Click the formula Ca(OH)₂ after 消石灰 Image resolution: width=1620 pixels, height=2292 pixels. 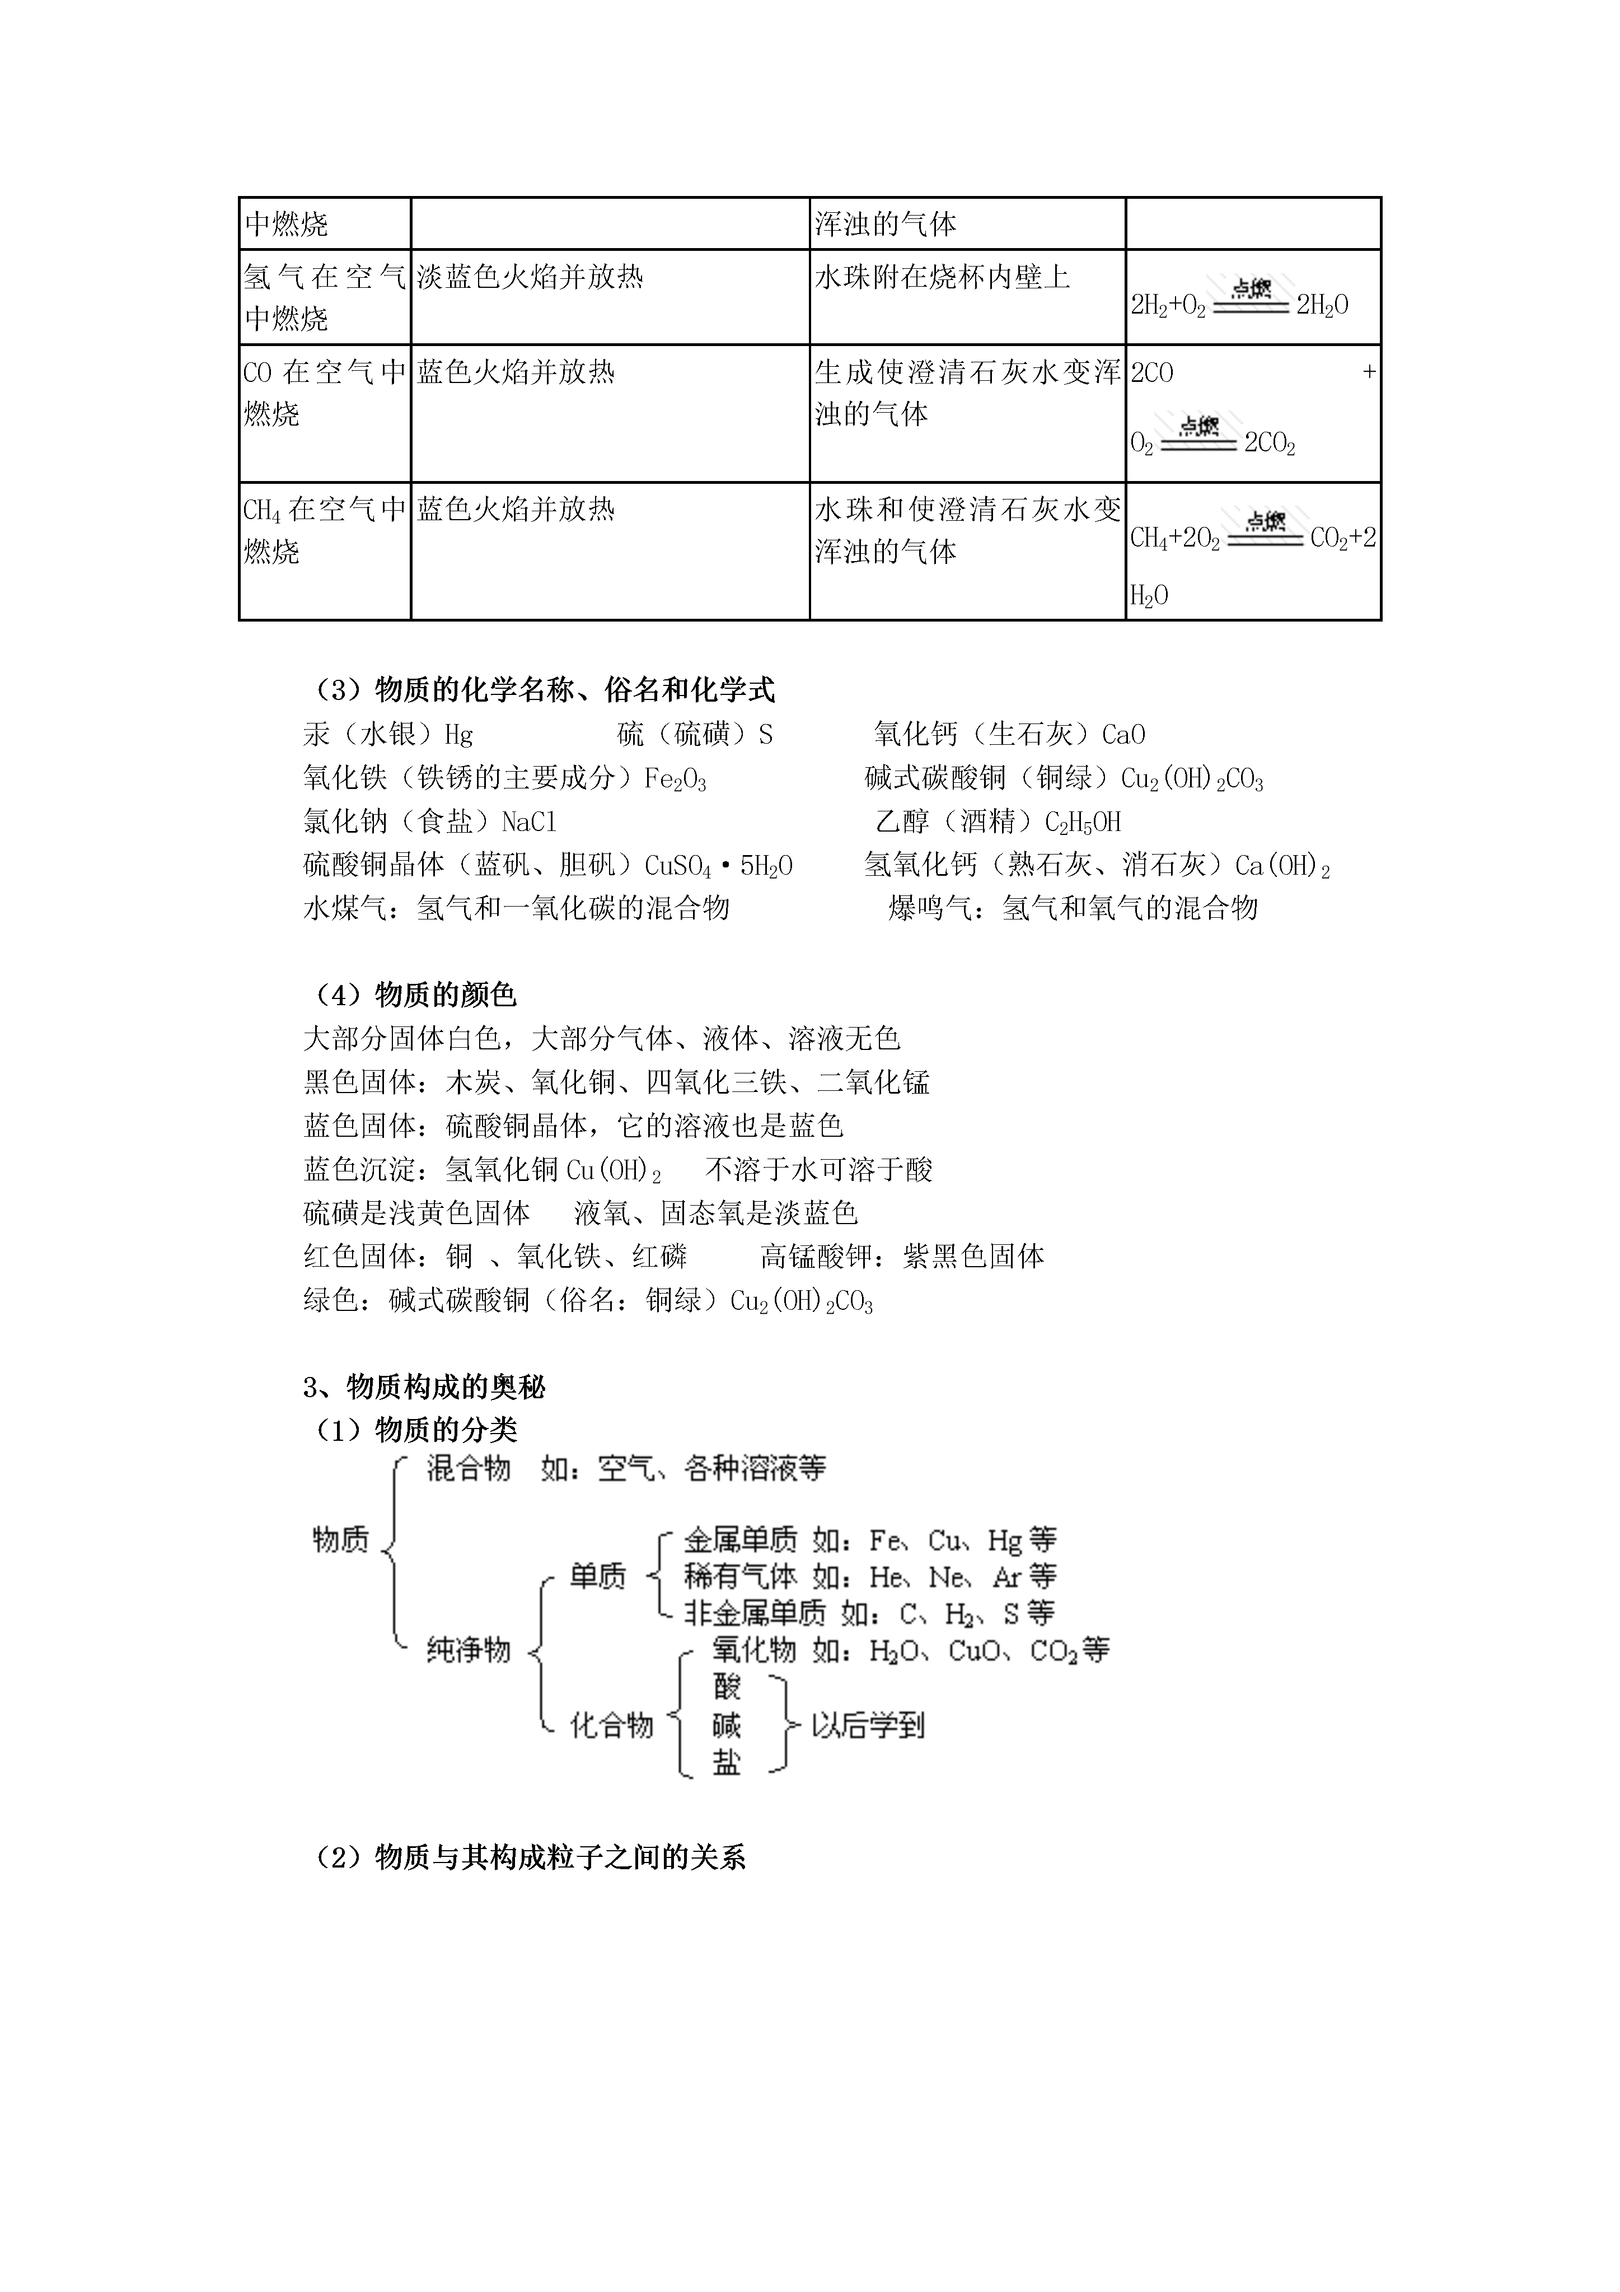coord(1282,866)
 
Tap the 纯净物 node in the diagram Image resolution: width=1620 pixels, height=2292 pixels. coord(468,1649)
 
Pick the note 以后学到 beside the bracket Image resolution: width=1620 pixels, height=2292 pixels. coord(868,1724)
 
